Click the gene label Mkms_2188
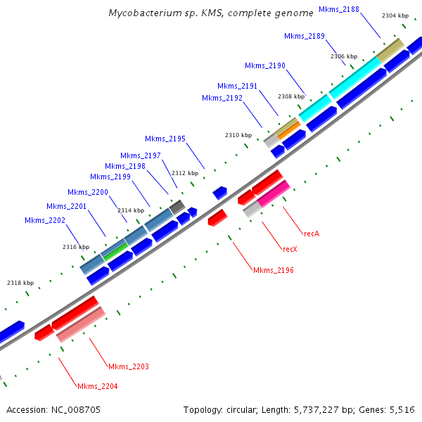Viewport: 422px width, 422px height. (339, 9)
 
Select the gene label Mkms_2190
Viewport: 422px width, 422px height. (265, 65)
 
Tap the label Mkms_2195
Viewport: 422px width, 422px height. (165, 139)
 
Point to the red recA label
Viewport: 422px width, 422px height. (312, 233)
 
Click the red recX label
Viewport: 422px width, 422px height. (290, 249)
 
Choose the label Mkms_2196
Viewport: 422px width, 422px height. (274, 270)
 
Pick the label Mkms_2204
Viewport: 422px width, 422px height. (98, 386)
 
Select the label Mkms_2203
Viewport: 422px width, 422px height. (129, 366)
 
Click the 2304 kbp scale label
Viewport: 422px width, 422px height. (395, 15)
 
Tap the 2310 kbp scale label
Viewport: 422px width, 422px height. (238, 135)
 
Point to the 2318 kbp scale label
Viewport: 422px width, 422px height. (20, 283)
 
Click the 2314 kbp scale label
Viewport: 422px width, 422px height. (130, 210)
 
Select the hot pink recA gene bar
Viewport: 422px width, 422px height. (274, 194)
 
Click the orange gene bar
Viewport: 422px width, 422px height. (288, 129)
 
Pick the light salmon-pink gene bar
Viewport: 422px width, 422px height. (81, 324)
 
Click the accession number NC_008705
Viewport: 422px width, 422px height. (77, 409)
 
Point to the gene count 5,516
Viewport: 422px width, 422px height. (402, 409)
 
